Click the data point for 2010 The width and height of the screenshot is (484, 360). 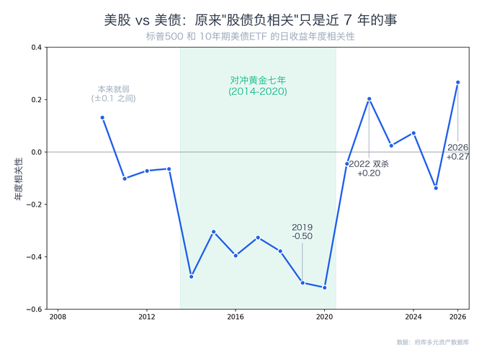(x=102, y=117)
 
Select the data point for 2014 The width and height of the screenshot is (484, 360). (x=191, y=276)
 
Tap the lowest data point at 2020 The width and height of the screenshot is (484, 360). (x=325, y=287)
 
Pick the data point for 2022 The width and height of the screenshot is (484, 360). (x=369, y=99)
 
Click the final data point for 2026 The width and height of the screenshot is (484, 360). (x=458, y=82)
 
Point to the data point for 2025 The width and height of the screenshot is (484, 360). (x=436, y=188)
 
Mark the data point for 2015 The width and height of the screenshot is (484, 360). (x=213, y=232)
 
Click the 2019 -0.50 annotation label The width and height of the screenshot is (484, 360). (x=302, y=232)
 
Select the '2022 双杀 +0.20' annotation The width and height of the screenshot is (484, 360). (x=369, y=168)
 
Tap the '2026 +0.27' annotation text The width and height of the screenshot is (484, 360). (x=458, y=152)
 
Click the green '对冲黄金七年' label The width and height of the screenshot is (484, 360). (x=258, y=86)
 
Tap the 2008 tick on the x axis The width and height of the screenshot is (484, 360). (x=58, y=317)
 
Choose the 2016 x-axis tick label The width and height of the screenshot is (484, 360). (x=236, y=317)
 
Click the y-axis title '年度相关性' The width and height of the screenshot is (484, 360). (x=19, y=178)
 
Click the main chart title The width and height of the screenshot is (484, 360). (x=250, y=19)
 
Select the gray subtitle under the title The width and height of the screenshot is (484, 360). (x=250, y=36)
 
